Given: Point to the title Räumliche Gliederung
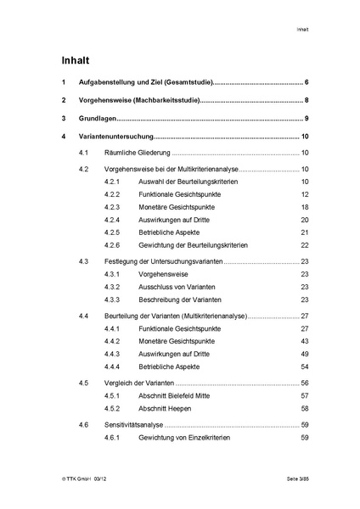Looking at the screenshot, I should [138, 154].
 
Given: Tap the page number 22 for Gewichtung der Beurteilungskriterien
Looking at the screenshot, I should [304, 244].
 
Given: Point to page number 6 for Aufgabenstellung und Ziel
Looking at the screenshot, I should [306, 82].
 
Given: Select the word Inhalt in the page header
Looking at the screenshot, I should [302, 30].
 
